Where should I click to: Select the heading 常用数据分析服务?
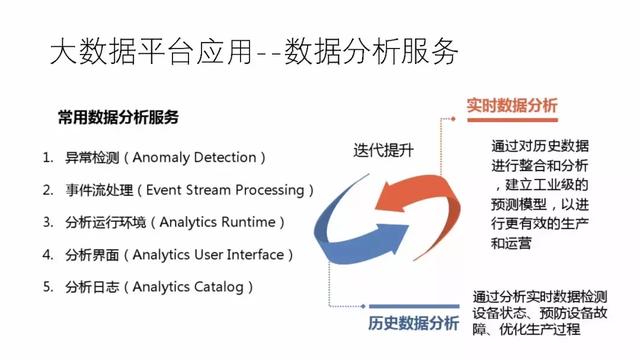pos(118,117)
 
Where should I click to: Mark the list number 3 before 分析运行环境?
pos(47,221)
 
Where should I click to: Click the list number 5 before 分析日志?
pos(47,287)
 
